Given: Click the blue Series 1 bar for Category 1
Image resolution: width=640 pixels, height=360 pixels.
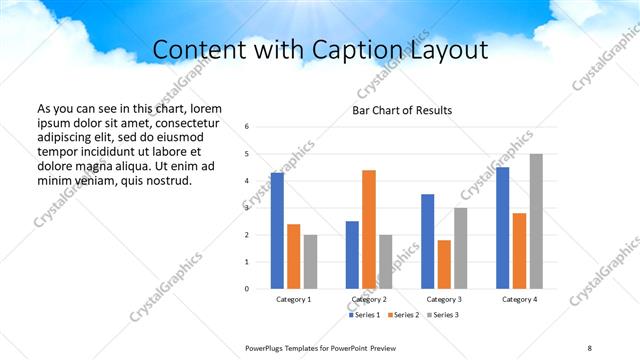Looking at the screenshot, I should point(277,231).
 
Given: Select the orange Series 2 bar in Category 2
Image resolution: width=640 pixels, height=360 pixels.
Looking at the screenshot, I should point(369,229).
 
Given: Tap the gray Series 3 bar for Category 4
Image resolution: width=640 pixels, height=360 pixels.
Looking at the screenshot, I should point(536,221).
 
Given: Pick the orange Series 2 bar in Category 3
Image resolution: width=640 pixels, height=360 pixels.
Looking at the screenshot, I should point(444,264).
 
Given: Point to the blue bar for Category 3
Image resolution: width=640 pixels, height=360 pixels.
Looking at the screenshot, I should point(427,241).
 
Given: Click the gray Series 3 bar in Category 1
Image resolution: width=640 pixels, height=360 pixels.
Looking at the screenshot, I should point(311,262).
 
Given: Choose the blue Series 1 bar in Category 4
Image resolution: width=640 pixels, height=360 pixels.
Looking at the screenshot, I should point(502,228).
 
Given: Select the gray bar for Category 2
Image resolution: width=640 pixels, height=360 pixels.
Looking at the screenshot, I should point(386,262).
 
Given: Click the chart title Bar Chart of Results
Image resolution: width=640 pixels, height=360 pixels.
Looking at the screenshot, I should point(402,110).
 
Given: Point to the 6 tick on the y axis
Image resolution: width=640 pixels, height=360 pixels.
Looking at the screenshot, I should point(247,127).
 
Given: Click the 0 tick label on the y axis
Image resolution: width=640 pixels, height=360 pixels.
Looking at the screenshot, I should point(247,289).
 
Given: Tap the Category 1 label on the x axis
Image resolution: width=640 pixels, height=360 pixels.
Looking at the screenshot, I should point(294,299).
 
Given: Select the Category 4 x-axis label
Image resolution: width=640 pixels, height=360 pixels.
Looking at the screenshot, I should point(519,299).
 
